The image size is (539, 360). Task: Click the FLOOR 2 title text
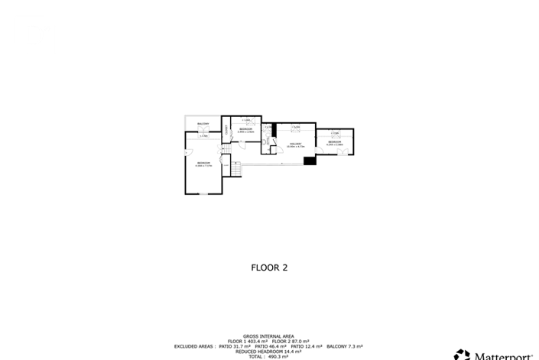pos(269,268)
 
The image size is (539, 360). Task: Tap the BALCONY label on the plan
pos(203,124)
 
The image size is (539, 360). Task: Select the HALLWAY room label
pos(295,144)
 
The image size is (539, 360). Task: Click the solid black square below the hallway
pos(310,161)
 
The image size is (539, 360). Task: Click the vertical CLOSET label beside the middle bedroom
pos(226,130)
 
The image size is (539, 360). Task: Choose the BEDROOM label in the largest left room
pos(203,164)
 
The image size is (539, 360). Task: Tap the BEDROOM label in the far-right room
pos(335,142)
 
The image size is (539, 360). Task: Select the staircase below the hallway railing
pos(238,170)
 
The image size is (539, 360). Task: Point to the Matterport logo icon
pos(461,355)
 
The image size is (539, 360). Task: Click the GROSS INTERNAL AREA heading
pos(269,336)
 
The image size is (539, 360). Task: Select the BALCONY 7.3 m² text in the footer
pos(348,346)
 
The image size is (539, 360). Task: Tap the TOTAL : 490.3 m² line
pos(269,356)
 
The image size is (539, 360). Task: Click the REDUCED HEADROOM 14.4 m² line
pos(269,352)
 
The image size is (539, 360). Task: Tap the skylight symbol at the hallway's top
pos(296,127)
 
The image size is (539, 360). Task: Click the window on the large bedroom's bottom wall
pos(203,194)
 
